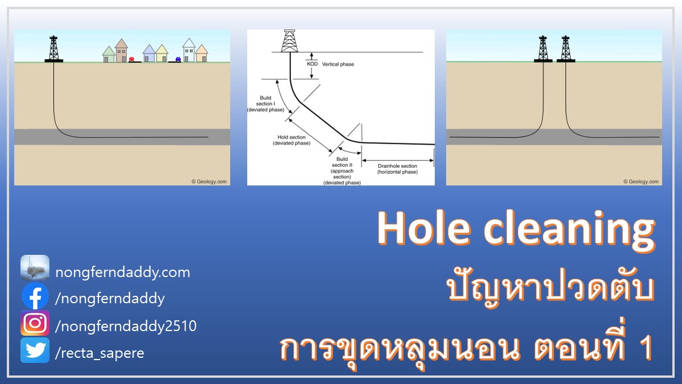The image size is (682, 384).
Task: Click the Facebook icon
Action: tap(35, 296)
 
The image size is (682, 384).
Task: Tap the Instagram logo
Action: tap(35, 323)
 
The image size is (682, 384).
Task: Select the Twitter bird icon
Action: tap(35, 350)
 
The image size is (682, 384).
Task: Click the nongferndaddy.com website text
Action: tap(123, 272)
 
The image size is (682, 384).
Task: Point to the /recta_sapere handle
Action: tap(99, 353)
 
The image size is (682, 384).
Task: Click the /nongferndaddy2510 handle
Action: tap(126, 326)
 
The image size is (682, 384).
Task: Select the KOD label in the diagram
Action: tap(312, 64)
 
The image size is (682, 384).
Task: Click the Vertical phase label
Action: tap(338, 64)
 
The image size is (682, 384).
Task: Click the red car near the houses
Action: tap(131, 59)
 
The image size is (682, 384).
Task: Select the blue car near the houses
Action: tap(178, 59)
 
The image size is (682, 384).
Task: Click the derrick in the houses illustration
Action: tap(54, 49)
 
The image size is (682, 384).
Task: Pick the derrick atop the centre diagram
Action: tap(289, 41)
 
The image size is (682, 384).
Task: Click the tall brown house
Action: tap(121, 51)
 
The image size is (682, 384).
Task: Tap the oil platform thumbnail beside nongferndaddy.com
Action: tap(35, 268)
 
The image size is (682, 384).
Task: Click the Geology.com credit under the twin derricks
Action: tap(641, 181)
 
